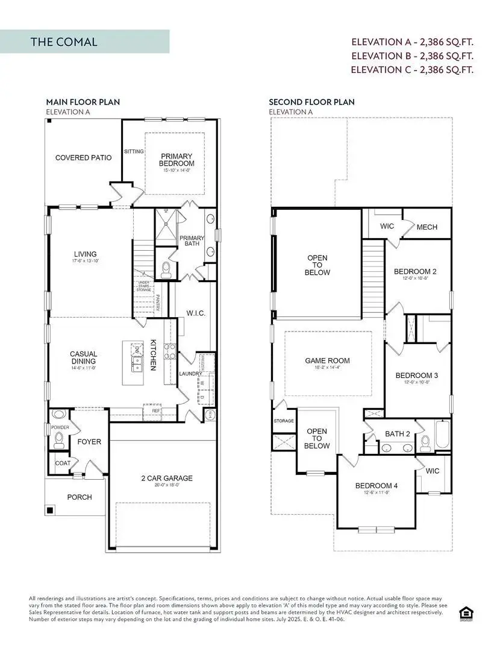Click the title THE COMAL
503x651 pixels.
(x=64, y=42)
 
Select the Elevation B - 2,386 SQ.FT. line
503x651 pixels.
(x=413, y=55)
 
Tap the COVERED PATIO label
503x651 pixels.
(x=83, y=158)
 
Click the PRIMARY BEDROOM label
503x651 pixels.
(x=177, y=160)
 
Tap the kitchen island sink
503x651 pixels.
(x=137, y=363)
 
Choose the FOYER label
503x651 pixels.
(x=89, y=442)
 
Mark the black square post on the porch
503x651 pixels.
(x=51, y=511)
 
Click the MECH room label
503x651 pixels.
(x=426, y=227)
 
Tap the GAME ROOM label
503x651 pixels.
(x=327, y=361)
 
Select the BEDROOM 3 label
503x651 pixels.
(x=416, y=376)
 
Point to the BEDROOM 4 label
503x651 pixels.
(x=376, y=486)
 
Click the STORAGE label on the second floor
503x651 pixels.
(x=284, y=421)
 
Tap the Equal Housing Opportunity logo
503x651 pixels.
(x=466, y=612)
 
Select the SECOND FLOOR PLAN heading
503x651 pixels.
(x=311, y=102)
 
